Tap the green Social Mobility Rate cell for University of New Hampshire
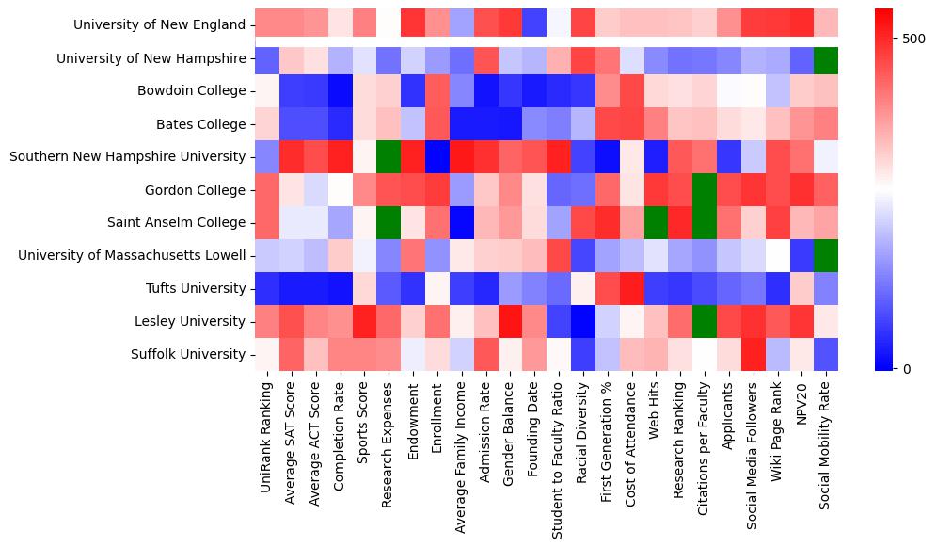[x=825, y=58]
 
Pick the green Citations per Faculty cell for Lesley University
[x=704, y=321]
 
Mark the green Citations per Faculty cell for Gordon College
[x=704, y=189]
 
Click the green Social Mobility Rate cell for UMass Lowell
[x=825, y=255]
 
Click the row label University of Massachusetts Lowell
[x=131, y=256]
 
